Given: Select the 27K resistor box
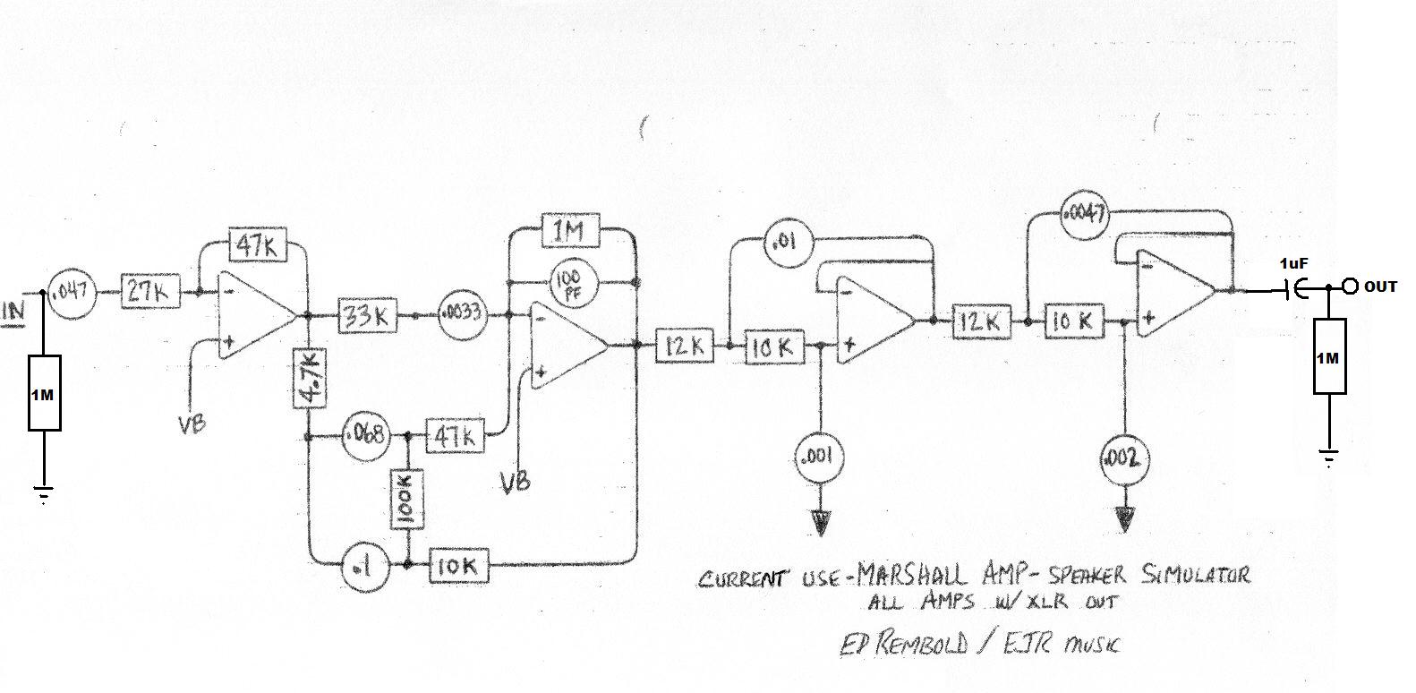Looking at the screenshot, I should [149, 292].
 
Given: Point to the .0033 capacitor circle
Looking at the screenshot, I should [461, 315].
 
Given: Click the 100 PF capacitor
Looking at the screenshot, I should [568, 283].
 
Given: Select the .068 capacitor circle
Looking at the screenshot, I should [365, 437].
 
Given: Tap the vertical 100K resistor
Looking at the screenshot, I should [407, 500].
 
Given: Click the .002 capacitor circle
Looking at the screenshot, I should [1123, 459].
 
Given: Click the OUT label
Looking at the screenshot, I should [1379, 287].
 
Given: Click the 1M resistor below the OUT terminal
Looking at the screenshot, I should [1328, 356].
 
